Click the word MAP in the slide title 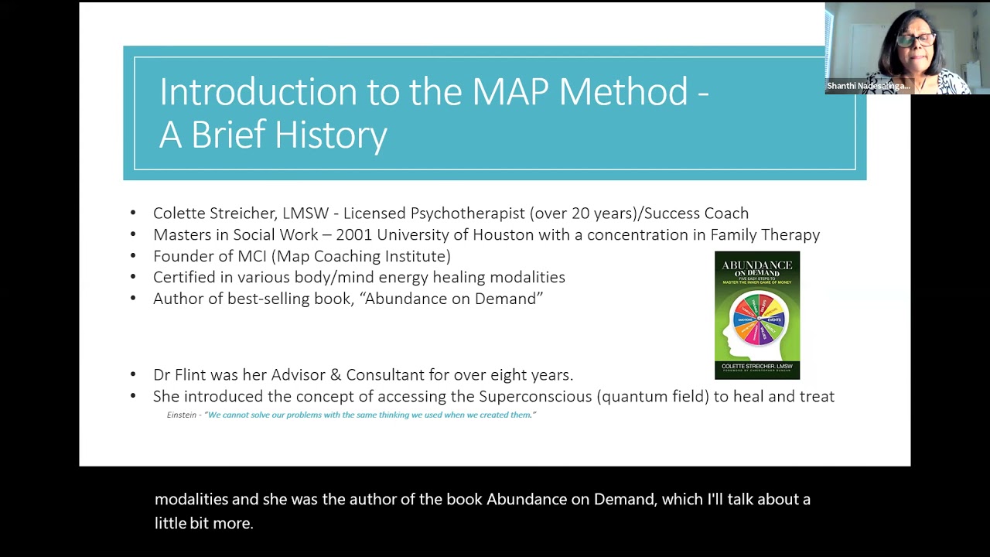pos(510,92)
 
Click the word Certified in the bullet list pos(183,277)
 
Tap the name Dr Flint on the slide pos(181,375)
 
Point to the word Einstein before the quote pos(183,415)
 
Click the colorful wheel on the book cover pos(759,318)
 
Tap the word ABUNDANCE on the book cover pos(757,265)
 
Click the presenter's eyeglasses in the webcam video pos(917,39)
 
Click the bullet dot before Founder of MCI pos(133,256)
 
